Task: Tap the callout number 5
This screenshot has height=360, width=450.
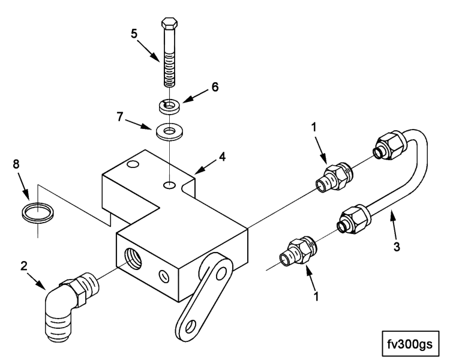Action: (134, 34)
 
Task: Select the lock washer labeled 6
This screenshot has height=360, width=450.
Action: (170, 106)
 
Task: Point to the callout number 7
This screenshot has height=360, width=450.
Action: (120, 117)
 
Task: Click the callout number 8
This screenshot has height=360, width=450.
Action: (16, 164)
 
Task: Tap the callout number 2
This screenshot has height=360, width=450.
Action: (24, 266)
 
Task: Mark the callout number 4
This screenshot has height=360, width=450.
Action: (222, 157)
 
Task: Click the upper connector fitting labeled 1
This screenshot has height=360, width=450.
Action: (334, 178)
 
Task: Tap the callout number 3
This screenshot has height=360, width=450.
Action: (397, 247)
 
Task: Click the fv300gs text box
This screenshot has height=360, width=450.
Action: (410, 344)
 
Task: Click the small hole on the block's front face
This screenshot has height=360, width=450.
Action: (164, 277)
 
